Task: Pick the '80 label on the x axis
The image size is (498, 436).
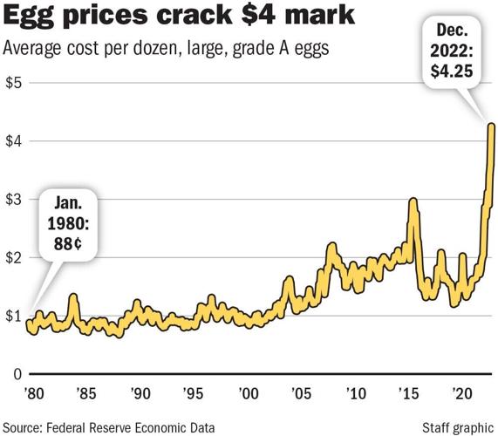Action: click(34, 392)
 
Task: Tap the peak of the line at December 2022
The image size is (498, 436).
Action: click(492, 126)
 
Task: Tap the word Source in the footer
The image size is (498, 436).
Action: click(25, 427)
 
